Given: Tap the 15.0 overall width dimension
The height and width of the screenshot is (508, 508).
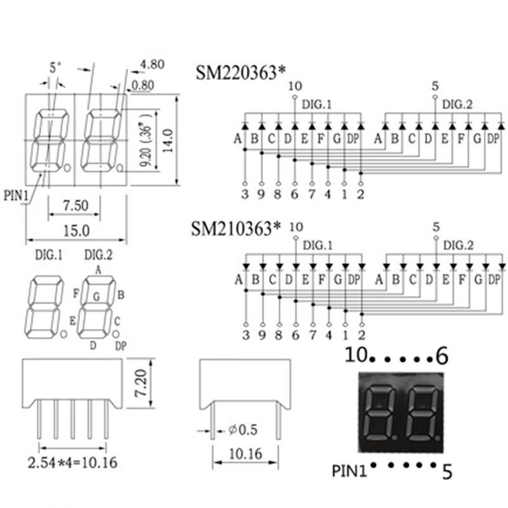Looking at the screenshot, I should (x=77, y=231).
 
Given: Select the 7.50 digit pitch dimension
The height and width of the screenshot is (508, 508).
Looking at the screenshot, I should (x=77, y=205).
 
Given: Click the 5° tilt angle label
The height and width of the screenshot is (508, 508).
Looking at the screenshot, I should (x=56, y=66).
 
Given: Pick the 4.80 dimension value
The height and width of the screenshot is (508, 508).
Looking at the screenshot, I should (x=153, y=64).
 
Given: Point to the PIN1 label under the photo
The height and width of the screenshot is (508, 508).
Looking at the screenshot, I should (x=350, y=471).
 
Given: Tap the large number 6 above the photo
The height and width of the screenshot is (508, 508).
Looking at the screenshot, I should (x=442, y=357).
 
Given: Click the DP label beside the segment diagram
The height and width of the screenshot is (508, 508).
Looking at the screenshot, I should (x=120, y=345).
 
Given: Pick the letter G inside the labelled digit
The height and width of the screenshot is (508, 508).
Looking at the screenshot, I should (x=97, y=295).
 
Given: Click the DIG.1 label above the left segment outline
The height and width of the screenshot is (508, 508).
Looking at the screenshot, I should (x=48, y=255).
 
